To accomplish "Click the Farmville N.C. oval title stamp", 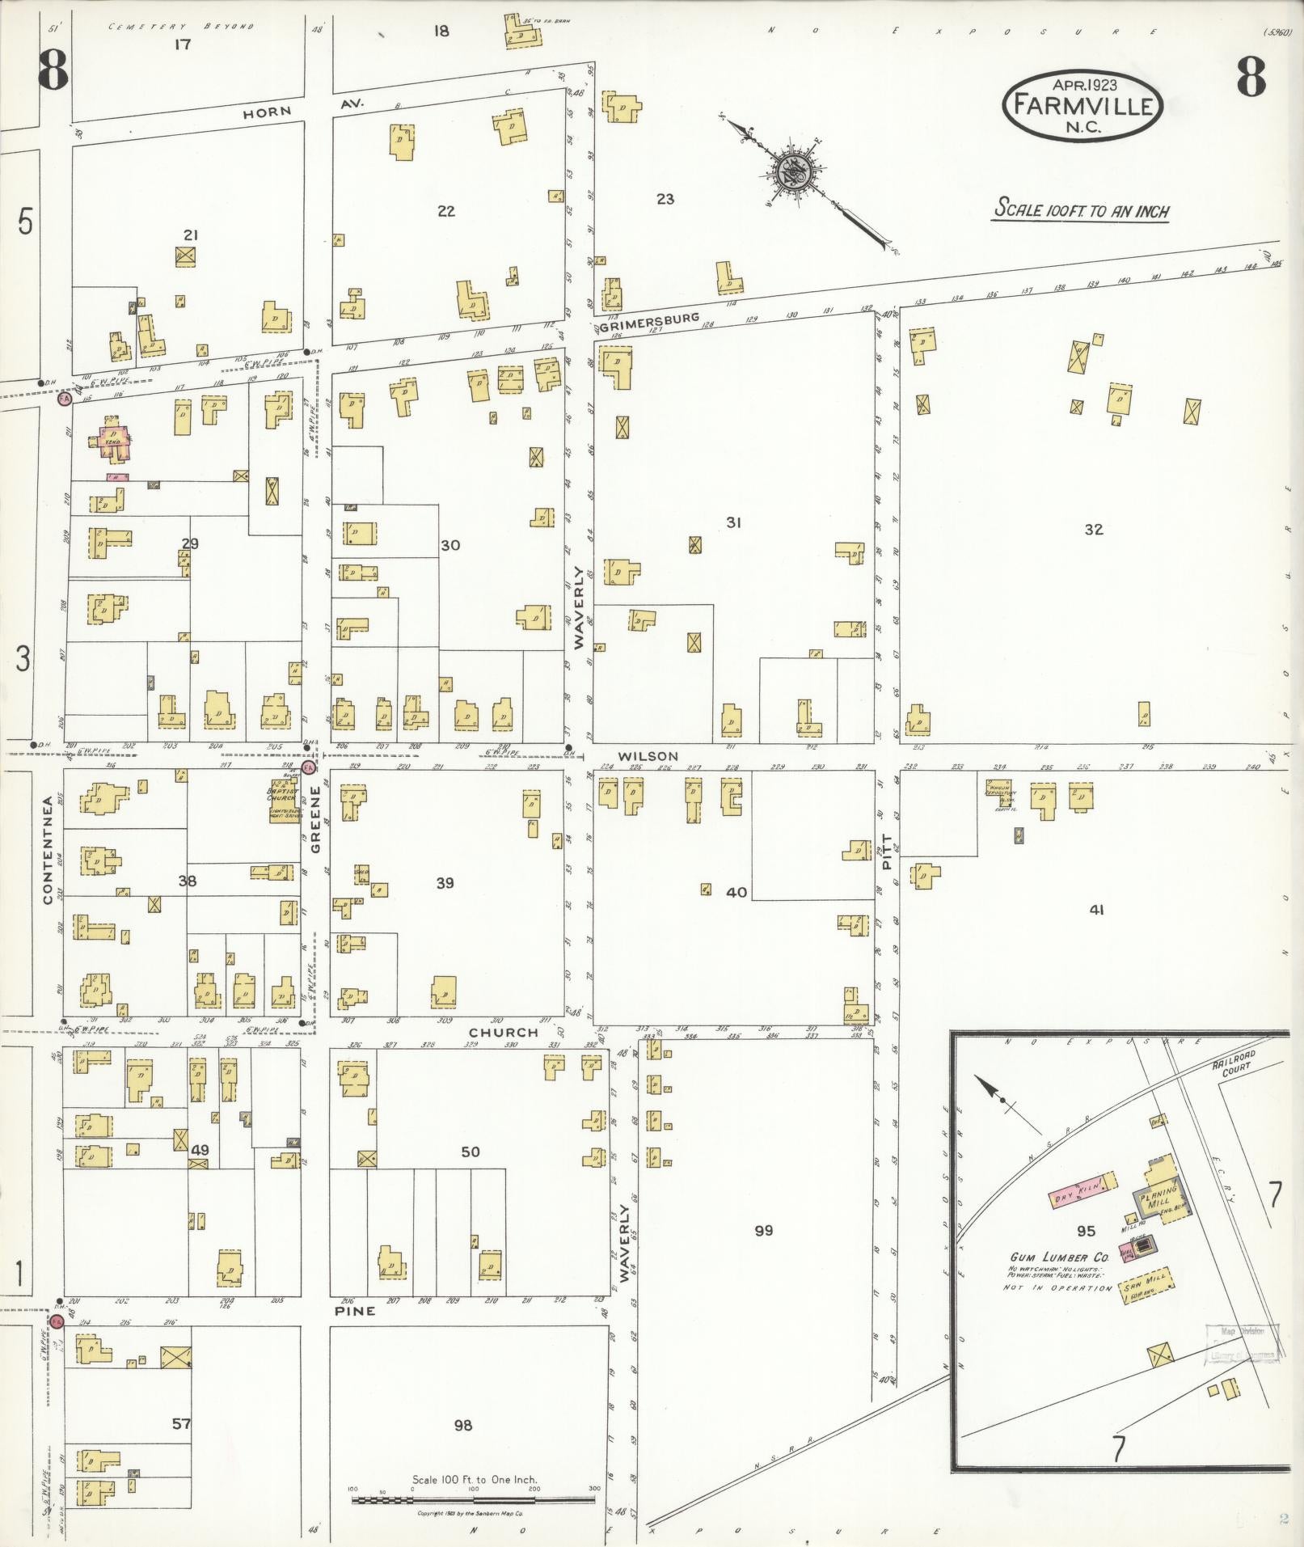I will click(x=1082, y=105).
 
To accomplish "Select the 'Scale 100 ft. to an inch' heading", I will click(x=1081, y=209).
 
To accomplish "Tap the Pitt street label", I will click(x=888, y=852).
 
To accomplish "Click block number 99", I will click(x=763, y=1230).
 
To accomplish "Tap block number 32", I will click(x=1093, y=529).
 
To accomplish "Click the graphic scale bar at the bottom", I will click(x=474, y=1501).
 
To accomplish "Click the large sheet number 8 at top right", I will click(x=1250, y=78).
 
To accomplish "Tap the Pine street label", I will click(x=354, y=1311).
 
